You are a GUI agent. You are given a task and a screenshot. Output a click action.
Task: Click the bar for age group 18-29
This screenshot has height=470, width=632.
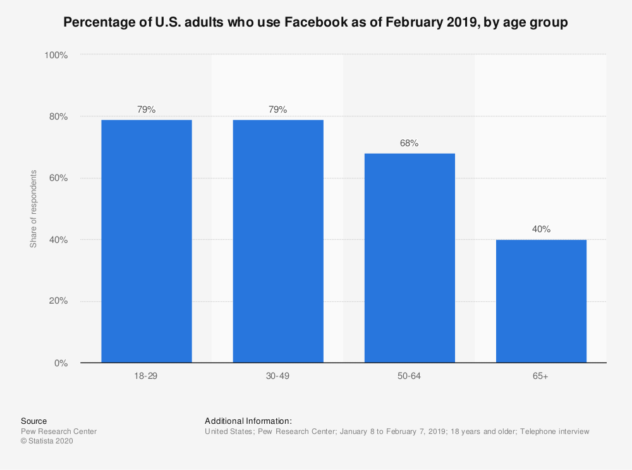coord(146,241)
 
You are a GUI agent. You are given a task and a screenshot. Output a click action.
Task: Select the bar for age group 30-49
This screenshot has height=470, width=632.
coord(278,241)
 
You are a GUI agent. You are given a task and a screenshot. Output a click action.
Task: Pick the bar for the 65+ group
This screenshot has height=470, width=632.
coord(541,301)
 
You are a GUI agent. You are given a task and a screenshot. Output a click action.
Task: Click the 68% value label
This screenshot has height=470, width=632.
coord(409,143)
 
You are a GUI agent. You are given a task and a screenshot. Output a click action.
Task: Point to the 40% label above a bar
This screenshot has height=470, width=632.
coord(541,229)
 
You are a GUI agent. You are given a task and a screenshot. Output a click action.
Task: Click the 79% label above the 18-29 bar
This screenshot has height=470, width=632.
coord(146,109)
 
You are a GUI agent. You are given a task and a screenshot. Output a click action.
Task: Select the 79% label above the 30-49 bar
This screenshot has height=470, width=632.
coord(278,109)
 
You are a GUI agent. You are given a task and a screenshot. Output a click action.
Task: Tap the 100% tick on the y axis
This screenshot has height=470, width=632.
coord(56,55)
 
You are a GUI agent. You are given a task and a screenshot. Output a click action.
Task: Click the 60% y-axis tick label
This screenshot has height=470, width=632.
coord(58,178)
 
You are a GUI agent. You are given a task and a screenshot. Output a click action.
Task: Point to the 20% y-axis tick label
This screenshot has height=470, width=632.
coord(58,301)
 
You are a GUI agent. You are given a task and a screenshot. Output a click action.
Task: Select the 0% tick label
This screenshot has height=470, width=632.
coord(60,363)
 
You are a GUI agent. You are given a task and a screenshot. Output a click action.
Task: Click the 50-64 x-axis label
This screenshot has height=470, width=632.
coord(409,376)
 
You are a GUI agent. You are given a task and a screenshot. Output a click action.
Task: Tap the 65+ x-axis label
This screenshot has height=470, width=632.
coord(541,376)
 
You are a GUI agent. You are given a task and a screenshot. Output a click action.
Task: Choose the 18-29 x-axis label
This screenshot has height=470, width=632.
coord(146,376)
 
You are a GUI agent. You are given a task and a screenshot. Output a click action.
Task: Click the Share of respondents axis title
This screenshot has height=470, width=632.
coord(33,209)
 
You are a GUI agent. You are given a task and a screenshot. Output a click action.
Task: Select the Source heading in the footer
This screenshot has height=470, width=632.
coord(33,421)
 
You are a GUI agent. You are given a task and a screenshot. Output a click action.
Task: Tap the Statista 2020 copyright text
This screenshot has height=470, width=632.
coord(47,442)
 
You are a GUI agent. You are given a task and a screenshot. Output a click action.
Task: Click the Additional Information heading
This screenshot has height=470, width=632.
coord(248,421)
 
